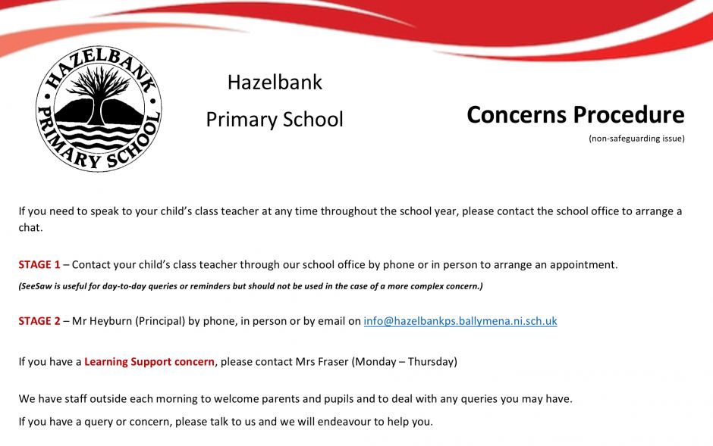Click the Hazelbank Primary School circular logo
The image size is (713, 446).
click(99, 108)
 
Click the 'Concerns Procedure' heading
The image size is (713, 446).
click(575, 115)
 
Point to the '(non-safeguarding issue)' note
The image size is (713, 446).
click(636, 138)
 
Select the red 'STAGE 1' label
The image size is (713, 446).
click(39, 265)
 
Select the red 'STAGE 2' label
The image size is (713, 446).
click(39, 321)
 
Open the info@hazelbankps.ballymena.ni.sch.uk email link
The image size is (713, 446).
click(460, 321)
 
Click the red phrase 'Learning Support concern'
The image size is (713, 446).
click(149, 362)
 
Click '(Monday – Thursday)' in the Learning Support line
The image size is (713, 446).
click(404, 362)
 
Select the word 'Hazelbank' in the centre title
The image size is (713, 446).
click(275, 83)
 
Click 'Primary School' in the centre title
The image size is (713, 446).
click(275, 120)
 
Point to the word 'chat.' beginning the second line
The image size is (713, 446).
click(30, 227)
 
